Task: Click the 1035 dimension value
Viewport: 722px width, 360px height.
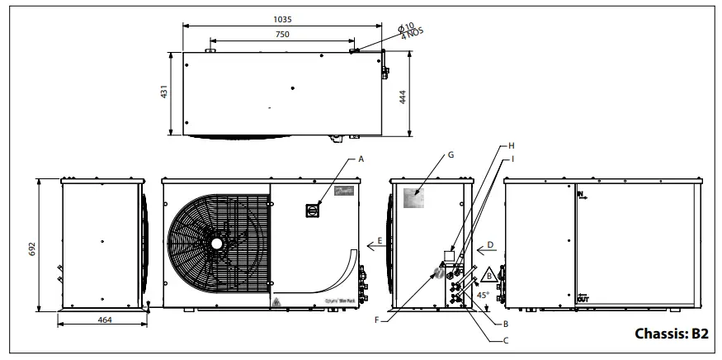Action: point(284,18)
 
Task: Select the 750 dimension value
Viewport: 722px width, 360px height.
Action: point(282,35)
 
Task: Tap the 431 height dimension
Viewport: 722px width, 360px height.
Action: point(164,92)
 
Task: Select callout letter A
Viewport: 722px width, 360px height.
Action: point(360,158)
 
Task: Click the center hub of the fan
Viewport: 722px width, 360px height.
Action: point(216,244)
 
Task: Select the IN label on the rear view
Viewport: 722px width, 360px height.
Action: point(582,195)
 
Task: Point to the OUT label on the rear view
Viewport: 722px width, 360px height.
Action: point(583,298)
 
